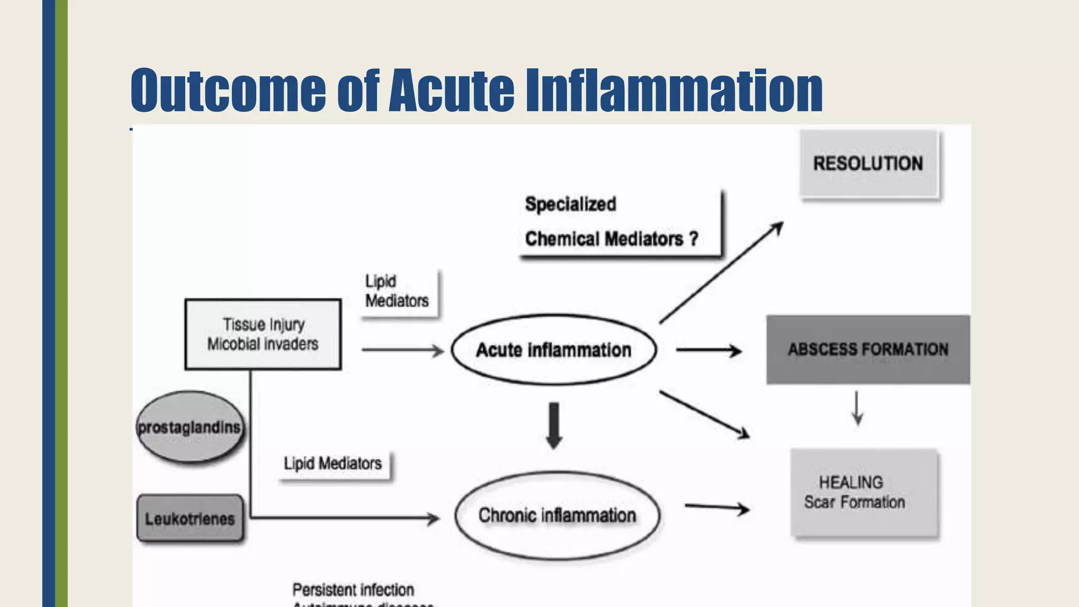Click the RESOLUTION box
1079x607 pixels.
coord(868,164)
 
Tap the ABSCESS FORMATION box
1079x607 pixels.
coord(868,349)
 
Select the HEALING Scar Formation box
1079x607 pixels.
coord(864,493)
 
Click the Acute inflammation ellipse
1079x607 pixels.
coord(554,350)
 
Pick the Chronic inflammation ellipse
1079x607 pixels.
coord(557,515)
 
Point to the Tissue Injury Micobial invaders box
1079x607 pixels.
coord(263,334)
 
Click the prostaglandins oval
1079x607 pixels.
coord(190,427)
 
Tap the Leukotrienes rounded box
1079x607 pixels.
coord(190,518)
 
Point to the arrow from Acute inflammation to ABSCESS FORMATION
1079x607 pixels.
coord(709,350)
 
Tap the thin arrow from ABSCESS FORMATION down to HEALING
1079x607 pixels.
coord(857,408)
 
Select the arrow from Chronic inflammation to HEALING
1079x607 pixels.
coord(717,508)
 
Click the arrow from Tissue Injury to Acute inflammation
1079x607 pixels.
coord(403,350)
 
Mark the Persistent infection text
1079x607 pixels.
coord(353,590)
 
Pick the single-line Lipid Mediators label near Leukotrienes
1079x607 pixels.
coord(333,464)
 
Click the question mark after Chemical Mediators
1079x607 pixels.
coord(693,239)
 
